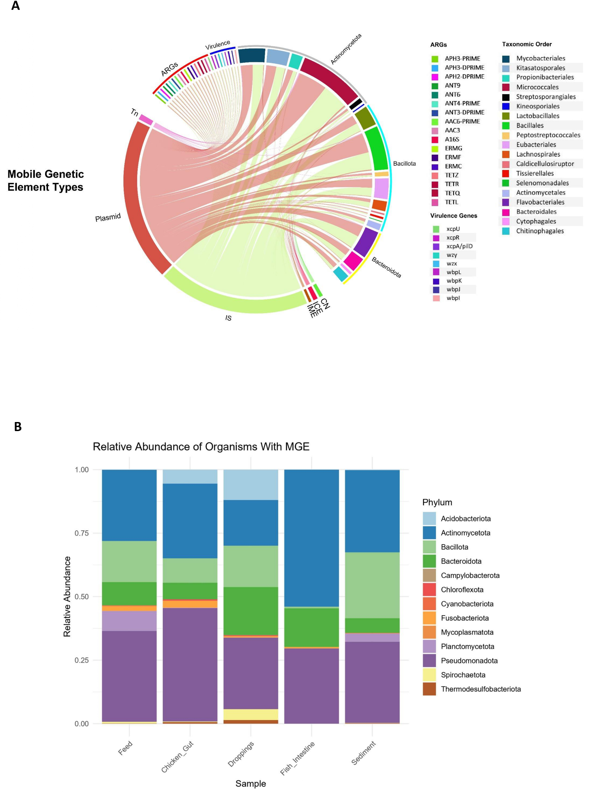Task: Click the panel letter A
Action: (15, 6)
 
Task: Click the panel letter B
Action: (17, 426)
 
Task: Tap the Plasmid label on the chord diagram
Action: (108, 217)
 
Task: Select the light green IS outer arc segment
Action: (233, 304)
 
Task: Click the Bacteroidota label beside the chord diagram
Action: (386, 267)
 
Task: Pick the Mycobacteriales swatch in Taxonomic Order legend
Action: (506, 59)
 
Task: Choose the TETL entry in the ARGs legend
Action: (451, 202)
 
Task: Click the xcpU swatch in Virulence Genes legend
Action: (436, 229)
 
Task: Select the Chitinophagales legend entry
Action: (540, 231)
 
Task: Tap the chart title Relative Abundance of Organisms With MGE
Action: (201, 447)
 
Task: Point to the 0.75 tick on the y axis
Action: (81, 533)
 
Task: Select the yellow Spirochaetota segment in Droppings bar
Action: (250, 714)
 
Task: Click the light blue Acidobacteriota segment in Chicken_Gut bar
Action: (190, 476)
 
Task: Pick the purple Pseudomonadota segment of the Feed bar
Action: (129, 677)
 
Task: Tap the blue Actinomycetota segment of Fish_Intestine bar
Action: (311, 537)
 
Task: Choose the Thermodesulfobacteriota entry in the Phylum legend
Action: (480, 689)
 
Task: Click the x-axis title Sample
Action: (250, 784)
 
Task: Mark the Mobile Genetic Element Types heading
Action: (45, 180)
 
